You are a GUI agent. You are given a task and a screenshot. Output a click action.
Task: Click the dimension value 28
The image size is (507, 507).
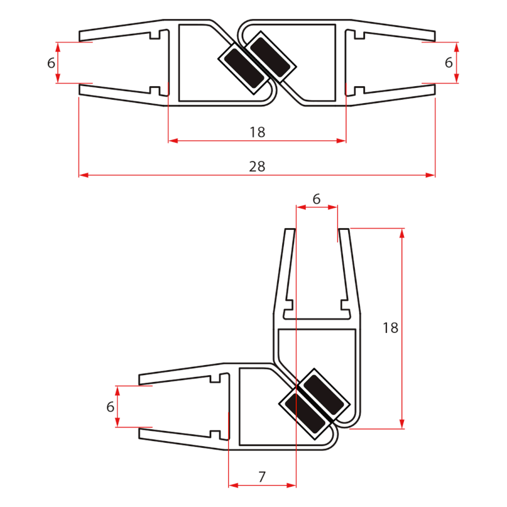[x=257, y=167]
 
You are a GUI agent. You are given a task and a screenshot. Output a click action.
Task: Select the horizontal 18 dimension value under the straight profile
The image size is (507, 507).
[x=257, y=132]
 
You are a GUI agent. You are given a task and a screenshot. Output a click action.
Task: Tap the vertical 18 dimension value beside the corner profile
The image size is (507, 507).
[x=390, y=328]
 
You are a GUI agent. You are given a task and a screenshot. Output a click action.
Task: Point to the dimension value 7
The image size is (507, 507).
[x=262, y=477]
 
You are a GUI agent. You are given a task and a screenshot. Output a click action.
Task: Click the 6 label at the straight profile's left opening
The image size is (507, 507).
[x=51, y=63]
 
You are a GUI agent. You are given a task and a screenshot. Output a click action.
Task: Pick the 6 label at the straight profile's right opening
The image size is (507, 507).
[x=448, y=63]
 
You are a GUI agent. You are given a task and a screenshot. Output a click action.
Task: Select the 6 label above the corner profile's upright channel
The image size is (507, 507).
[x=316, y=198]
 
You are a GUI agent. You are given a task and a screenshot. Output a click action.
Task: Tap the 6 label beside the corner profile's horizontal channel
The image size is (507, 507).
[x=110, y=406]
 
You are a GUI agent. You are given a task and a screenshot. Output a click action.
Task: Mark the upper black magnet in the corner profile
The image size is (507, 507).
[x=322, y=395]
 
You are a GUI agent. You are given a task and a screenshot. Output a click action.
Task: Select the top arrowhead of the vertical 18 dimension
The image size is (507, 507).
[x=402, y=233]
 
